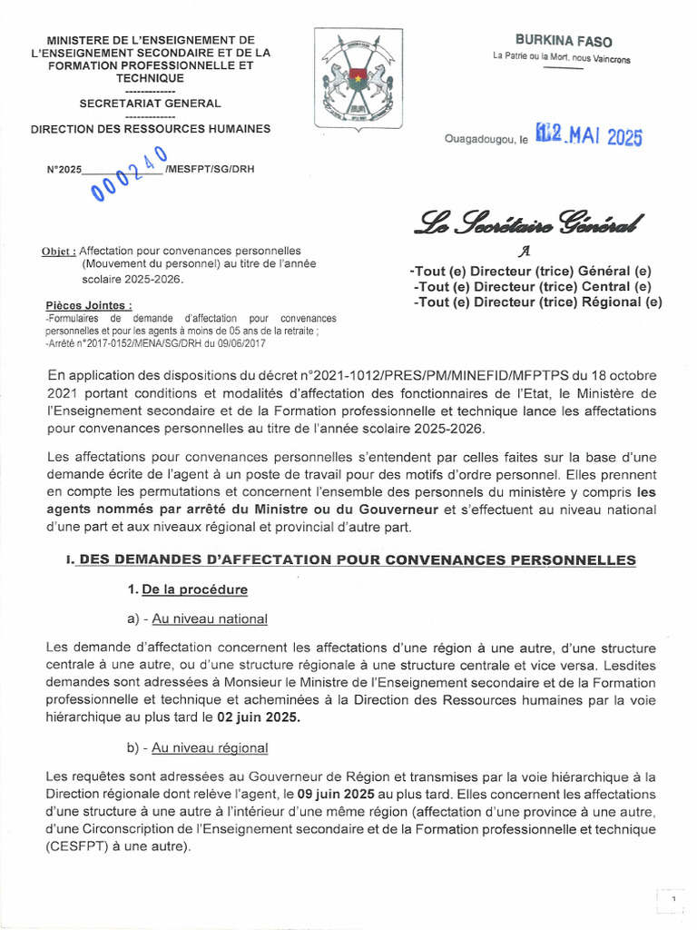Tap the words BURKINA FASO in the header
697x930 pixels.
click(564, 41)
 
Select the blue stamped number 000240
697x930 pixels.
click(127, 170)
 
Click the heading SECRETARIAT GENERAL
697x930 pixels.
click(150, 104)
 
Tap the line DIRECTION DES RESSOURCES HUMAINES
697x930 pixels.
click(151, 129)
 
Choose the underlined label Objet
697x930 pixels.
click(59, 251)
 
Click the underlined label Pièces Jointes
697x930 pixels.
click(88, 305)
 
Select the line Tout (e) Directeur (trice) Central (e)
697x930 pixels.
click(531, 287)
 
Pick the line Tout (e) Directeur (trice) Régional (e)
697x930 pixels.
click(537, 302)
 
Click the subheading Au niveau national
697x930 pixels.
click(210, 618)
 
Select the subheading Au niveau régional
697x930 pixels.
click(210, 748)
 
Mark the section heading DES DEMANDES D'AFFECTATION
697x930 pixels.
click(357, 560)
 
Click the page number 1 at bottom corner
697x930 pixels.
click(673, 899)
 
